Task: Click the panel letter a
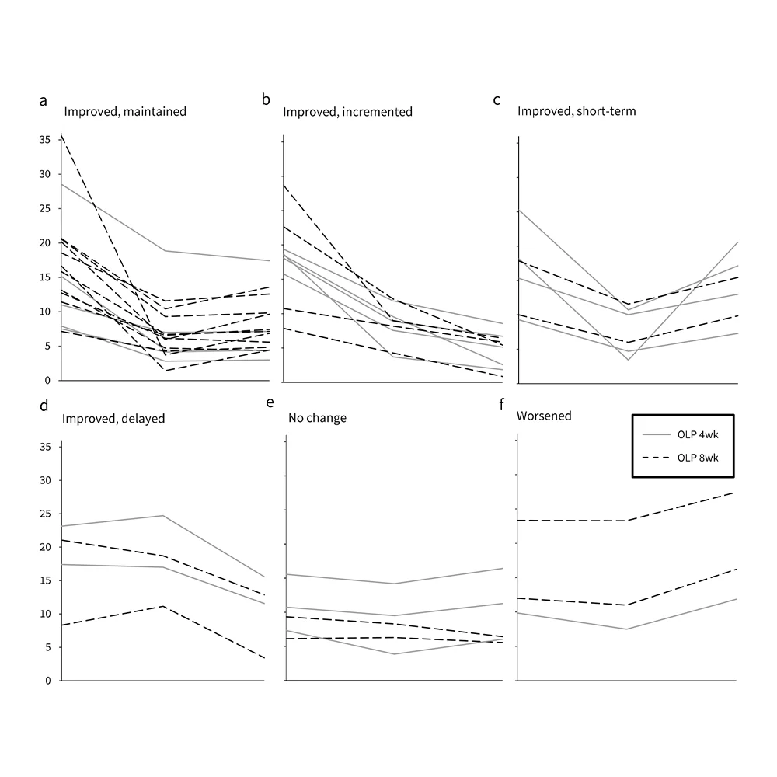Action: [x=44, y=100]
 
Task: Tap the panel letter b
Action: [x=267, y=100]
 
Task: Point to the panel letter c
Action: [x=497, y=100]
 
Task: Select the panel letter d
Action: [x=44, y=405]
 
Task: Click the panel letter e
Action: [x=270, y=402]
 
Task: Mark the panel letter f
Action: [x=502, y=403]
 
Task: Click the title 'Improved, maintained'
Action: [x=125, y=112]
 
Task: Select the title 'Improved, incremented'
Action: [x=347, y=112]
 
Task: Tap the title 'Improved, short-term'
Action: [x=577, y=112]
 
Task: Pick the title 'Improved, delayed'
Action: [x=113, y=418]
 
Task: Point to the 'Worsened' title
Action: [x=544, y=416]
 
